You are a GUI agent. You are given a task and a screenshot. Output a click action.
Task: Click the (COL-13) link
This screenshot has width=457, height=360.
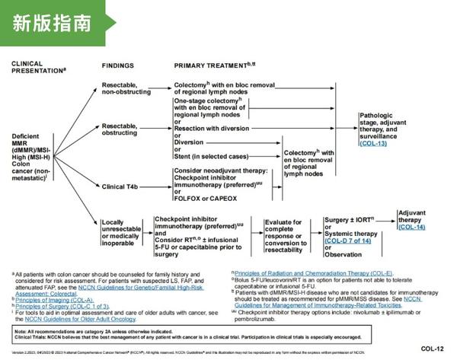(372, 143)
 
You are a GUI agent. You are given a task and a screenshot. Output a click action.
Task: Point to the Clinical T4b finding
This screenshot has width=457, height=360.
(123, 183)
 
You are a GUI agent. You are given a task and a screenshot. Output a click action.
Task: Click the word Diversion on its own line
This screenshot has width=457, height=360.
(190, 142)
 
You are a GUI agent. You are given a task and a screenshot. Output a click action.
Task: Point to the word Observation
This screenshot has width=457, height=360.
(347, 254)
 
